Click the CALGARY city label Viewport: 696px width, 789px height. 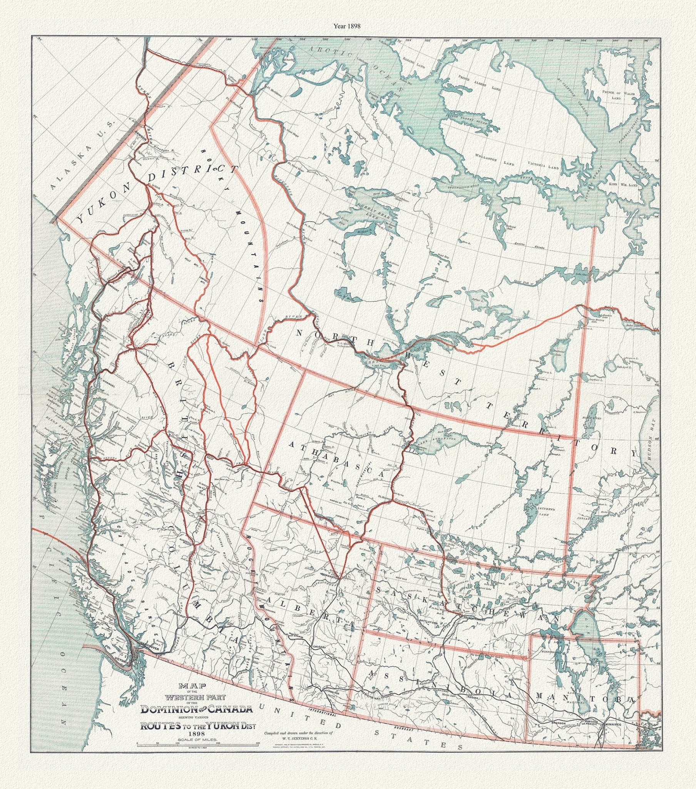318,646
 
